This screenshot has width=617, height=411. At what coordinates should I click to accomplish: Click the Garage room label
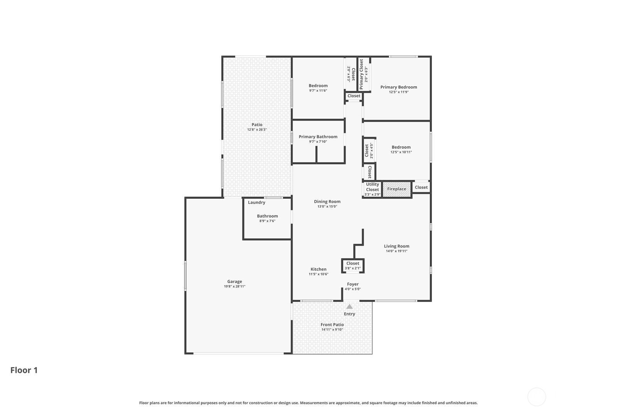point(234,282)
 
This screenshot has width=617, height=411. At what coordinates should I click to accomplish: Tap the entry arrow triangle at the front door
point(349,307)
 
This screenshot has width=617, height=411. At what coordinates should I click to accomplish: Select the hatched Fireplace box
point(397,189)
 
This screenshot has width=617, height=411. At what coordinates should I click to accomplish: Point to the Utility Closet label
point(373,187)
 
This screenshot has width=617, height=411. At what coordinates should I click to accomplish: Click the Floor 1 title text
point(24,370)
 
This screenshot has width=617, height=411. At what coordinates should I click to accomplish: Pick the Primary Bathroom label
point(318,137)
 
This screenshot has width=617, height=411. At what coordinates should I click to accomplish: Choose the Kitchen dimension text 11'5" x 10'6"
point(319,274)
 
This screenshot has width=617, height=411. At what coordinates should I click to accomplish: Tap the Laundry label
point(256,203)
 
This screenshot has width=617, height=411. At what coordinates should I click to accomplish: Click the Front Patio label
point(332,325)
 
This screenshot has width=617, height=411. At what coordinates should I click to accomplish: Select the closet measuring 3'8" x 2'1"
point(353,266)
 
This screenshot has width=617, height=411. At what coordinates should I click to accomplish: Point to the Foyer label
point(352,284)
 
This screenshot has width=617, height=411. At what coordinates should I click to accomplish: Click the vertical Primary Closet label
point(361,74)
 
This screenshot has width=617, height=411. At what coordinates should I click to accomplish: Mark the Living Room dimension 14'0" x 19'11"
point(396,251)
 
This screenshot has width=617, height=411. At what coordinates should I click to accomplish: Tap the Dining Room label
point(327,202)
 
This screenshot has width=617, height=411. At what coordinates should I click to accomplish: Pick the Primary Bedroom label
point(399,87)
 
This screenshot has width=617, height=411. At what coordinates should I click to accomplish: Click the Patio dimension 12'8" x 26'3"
point(257,129)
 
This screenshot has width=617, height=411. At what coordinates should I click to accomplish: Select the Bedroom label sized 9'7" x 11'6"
point(318,86)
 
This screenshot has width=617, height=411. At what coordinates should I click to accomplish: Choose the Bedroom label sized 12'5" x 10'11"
point(401,147)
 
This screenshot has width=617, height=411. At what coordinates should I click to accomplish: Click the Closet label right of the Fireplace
point(421,187)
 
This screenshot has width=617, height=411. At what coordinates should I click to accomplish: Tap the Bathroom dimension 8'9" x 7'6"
point(267,221)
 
